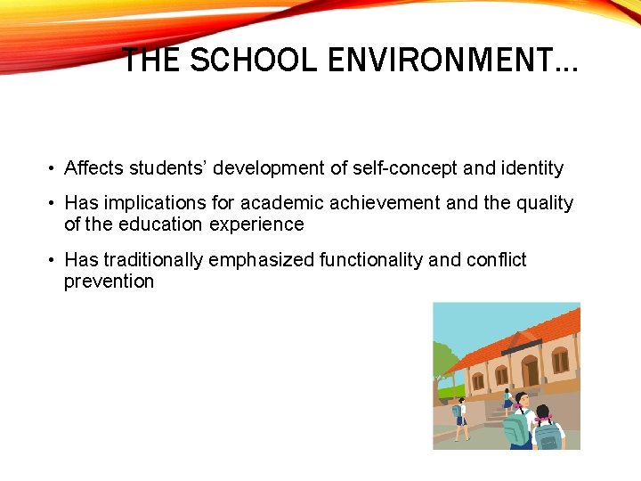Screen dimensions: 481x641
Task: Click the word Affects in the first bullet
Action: (94, 168)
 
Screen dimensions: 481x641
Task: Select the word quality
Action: (544, 203)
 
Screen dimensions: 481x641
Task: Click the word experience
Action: (256, 224)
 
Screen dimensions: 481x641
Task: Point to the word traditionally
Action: (154, 260)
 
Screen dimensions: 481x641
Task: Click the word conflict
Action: (497, 260)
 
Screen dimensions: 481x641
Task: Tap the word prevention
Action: (109, 281)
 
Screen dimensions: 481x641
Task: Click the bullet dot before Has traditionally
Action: (53, 260)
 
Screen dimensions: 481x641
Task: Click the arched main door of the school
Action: (531, 371)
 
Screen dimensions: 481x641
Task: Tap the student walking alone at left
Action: (460, 419)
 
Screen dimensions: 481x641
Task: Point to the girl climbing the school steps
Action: (507, 402)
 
